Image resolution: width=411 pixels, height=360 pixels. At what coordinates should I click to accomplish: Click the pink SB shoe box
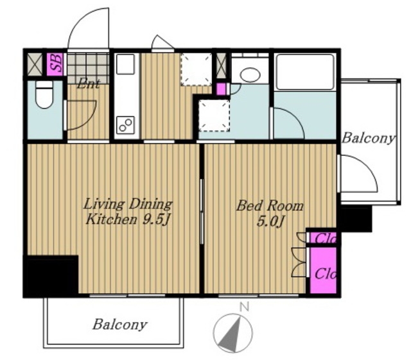coord(55,64)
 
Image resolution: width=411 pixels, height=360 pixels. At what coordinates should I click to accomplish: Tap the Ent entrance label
coord(89,84)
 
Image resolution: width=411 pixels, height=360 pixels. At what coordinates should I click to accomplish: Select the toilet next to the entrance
coord(44,94)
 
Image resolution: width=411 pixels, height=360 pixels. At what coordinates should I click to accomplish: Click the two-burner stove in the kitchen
coord(126,124)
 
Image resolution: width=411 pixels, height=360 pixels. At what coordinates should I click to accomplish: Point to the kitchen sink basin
coord(125,64)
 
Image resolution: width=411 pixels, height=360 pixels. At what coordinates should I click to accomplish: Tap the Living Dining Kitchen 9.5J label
coord(128,212)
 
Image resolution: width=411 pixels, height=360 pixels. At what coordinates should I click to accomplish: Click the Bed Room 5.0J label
coord(270,213)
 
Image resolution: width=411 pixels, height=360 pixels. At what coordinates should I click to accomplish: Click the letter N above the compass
coord(244,307)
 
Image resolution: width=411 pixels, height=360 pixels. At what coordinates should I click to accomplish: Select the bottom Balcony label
coord(120,325)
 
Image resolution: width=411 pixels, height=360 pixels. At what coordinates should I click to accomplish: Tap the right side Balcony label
coord(367,138)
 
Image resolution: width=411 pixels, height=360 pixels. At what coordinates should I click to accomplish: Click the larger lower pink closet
coord(323,270)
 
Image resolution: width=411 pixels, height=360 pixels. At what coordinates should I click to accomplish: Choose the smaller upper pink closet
coord(323,237)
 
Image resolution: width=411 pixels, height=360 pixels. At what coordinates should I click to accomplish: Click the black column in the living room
coord(51,276)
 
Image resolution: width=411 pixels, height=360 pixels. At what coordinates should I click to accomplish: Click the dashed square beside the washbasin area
coord(214,116)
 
